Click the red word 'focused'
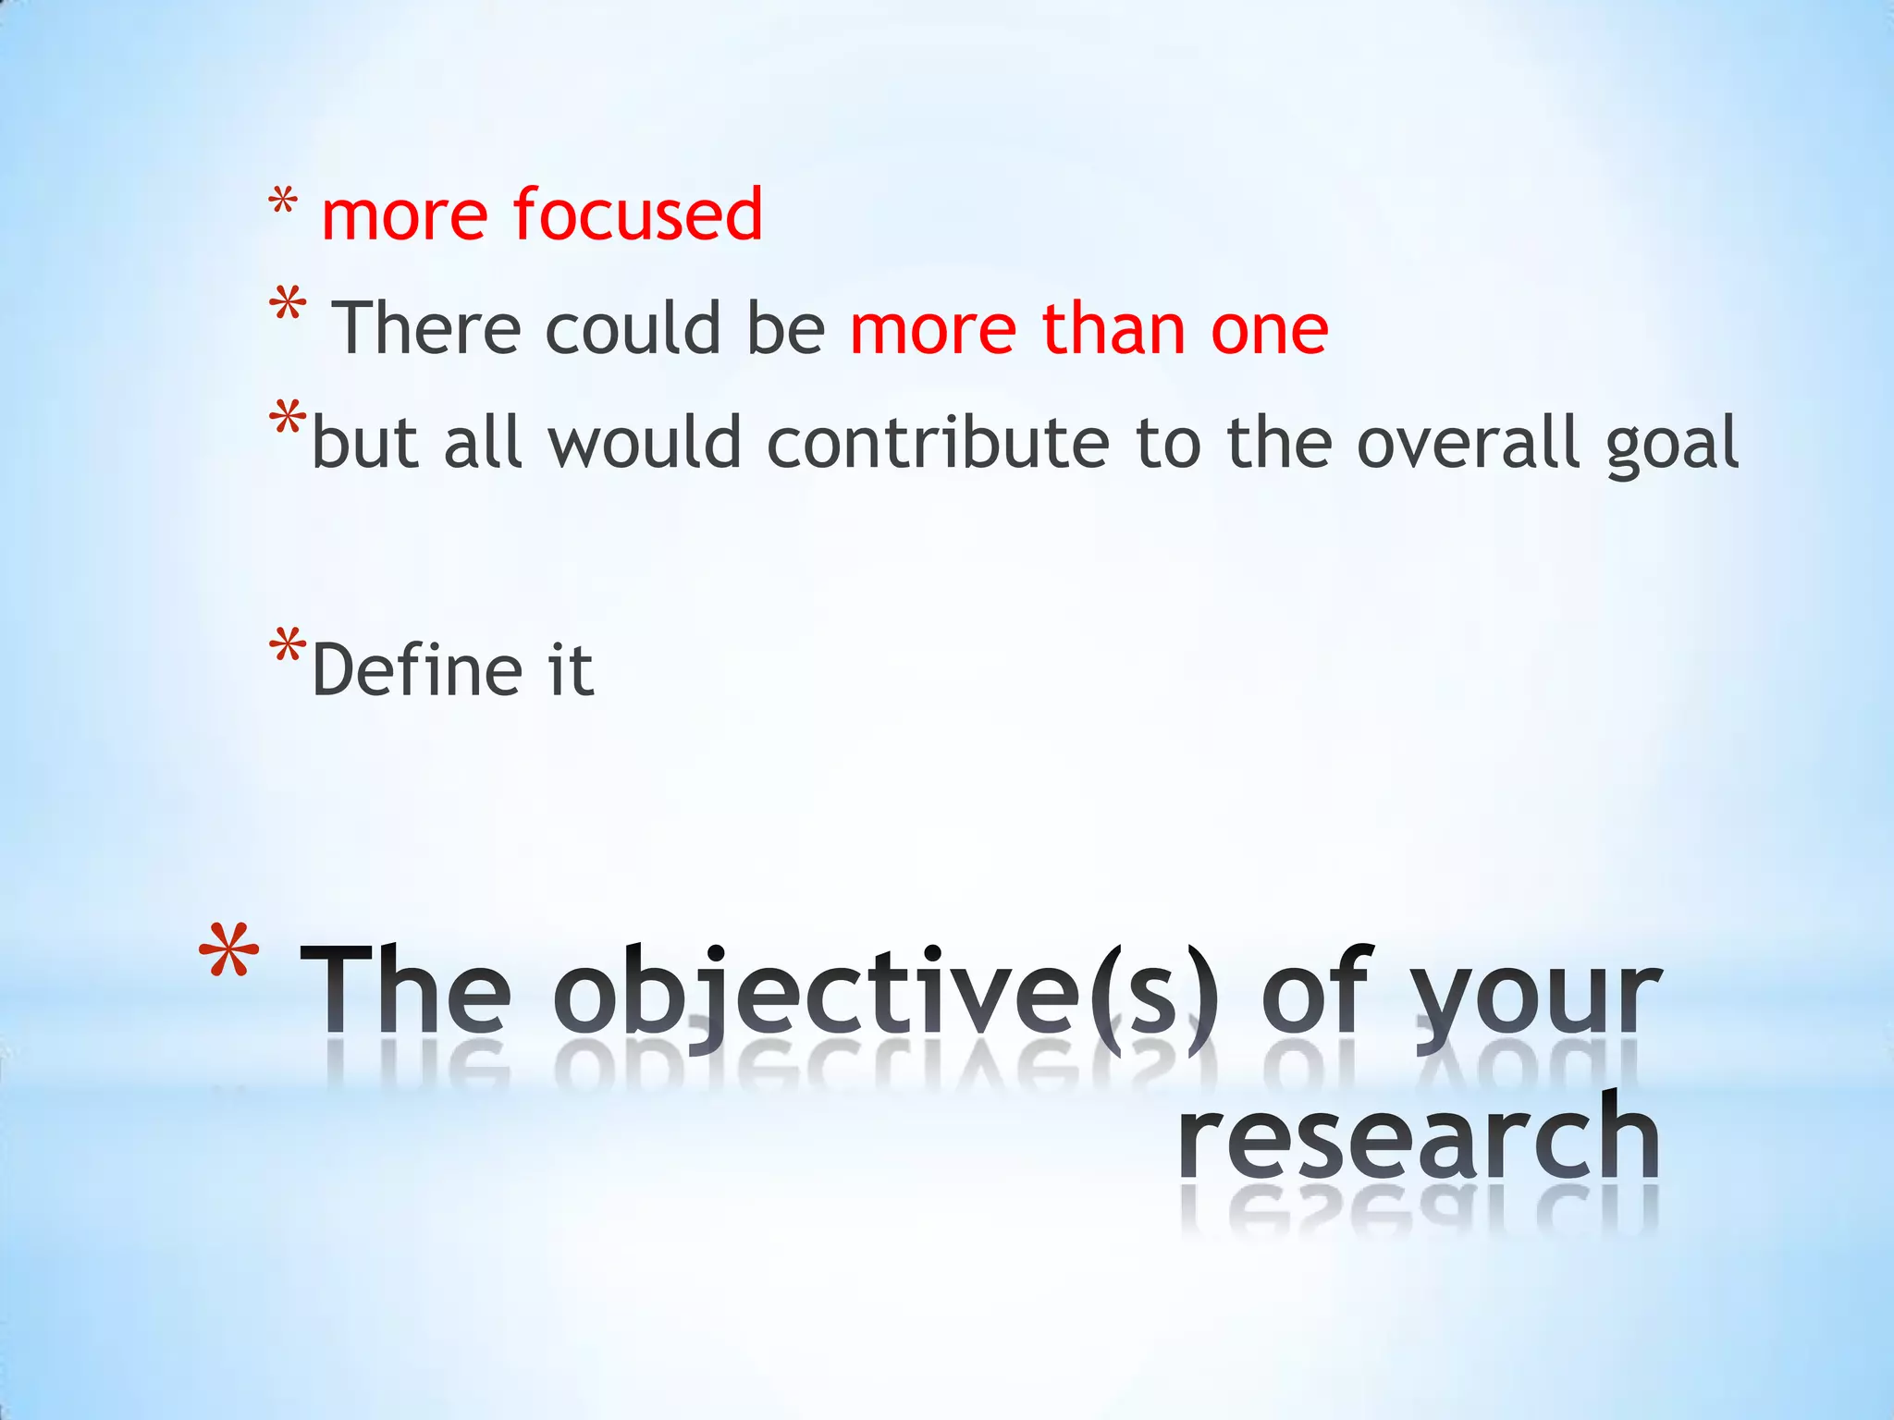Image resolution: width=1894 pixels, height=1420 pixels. (637, 214)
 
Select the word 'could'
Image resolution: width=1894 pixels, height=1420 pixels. (633, 328)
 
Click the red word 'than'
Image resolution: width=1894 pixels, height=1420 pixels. (1113, 328)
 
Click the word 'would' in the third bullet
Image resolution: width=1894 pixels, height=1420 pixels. (645, 442)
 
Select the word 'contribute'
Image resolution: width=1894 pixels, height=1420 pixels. (938, 442)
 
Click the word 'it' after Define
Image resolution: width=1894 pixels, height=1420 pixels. (571, 669)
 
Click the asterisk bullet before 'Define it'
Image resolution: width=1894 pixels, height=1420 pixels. (287, 644)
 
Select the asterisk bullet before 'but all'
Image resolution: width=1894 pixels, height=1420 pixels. (287, 418)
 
